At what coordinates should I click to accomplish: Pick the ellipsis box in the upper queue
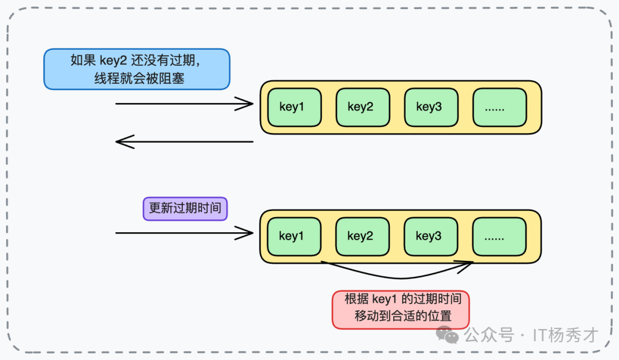click(499, 107)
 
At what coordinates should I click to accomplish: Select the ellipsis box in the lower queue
click(499, 236)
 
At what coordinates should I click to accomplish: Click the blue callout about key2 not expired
click(136, 69)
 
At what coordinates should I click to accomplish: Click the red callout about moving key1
click(401, 309)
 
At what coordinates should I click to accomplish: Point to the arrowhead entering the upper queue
click(248, 104)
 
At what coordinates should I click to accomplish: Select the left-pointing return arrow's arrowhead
click(122, 142)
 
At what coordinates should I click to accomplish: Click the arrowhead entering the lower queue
click(248, 233)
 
